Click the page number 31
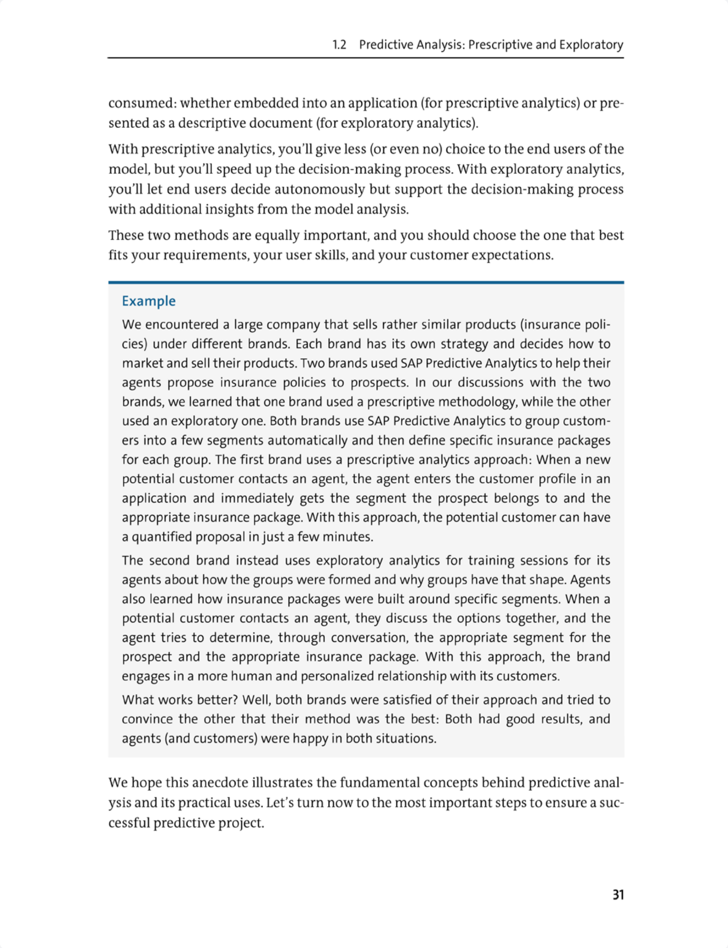(618, 895)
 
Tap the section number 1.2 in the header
(339, 45)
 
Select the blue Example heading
(149, 301)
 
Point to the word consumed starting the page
(140, 103)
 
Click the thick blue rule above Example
(366, 283)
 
